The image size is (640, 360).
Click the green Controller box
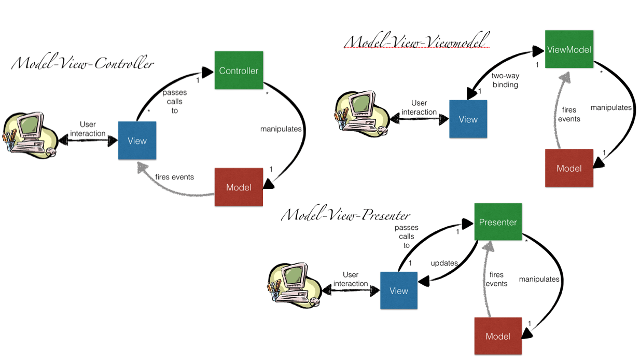(x=239, y=71)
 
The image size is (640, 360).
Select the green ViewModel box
(x=569, y=49)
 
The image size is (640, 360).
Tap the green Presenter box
(x=498, y=223)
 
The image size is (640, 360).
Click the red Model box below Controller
(x=239, y=187)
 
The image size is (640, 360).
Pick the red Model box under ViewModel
(x=569, y=168)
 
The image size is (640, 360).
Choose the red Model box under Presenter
(x=498, y=336)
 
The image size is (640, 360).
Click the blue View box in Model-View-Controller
(x=137, y=141)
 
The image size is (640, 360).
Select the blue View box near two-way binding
(x=468, y=119)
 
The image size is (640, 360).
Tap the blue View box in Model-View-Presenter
(x=398, y=290)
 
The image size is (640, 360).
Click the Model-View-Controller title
(x=83, y=64)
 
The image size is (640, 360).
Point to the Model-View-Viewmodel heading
(x=417, y=41)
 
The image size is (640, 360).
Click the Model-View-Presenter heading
(x=346, y=215)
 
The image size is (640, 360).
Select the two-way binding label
(x=505, y=80)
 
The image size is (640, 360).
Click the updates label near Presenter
(x=444, y=263)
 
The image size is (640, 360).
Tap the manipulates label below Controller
(x=281, y=129)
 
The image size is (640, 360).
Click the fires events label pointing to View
(x=174, y=177)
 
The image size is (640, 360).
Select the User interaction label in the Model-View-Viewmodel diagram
(x=419, y=107)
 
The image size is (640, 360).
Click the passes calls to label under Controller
(x=175, y=101)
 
